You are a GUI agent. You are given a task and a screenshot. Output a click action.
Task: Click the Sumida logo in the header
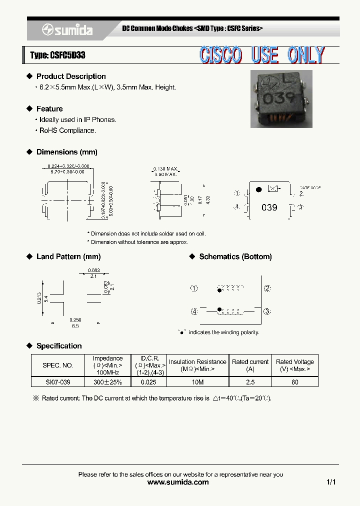tap(67, 30)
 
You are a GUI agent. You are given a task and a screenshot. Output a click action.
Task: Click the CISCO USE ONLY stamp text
tap(262, 55)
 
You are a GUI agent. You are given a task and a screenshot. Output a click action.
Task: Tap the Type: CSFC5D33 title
tap(57, 55)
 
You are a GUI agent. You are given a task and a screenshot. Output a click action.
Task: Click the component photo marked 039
tap(280, 98)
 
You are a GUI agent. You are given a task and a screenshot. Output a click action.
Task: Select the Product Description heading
tap(71, 76)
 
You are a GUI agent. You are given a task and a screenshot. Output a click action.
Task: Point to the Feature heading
tap(49, 109)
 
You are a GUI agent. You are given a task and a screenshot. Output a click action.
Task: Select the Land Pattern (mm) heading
tap(68, 256)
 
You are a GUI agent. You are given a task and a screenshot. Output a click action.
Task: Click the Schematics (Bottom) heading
tap(235, 256)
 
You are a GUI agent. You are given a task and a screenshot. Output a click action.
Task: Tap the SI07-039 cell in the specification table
tap(57, 381)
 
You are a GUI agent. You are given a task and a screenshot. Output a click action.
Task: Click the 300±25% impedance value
tap(107, 381)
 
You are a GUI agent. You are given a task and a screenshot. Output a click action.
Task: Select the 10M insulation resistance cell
tap(197, 381)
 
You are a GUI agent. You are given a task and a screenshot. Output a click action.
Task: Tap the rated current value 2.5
tap(250, 381)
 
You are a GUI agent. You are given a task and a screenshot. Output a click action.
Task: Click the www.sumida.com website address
tap(178, 482)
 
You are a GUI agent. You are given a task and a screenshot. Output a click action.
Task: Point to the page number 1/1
tap(331, 482)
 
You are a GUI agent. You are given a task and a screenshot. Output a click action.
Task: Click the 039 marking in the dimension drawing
tap(269, 207)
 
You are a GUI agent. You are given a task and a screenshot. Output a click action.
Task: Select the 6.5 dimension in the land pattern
tap(75, 325)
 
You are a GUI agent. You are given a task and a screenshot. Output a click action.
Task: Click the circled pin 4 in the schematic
tap(194, 311)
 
